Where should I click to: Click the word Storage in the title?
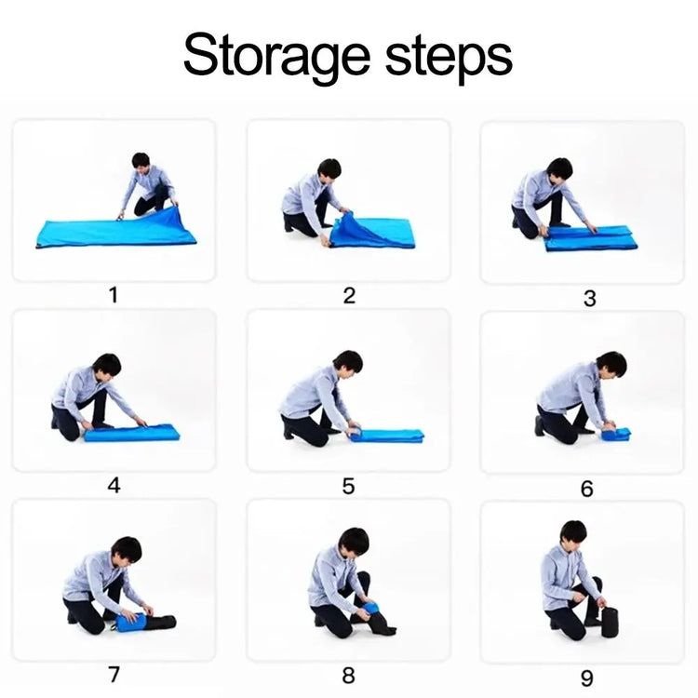[x=276, y=57]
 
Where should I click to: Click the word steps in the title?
[x=449, y=58]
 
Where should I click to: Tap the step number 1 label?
[x=114, y=295]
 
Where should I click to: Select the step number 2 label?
[x=349, y=296]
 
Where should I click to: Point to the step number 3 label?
[x=590, y=298]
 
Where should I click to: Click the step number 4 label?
[x=114, y=485]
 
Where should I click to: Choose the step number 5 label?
[x=349, y=486]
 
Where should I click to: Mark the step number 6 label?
[x=587, y=489]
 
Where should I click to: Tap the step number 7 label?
[x=114, y=675]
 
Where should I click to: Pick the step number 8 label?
[x=349, y=676]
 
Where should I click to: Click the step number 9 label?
[x=587, y=678]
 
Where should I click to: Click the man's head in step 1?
[x=141, y=163]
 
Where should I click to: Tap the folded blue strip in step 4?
[x=132, y=432]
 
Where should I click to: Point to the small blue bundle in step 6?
[x=616, y=434]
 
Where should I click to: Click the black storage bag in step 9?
[x=610, y=622]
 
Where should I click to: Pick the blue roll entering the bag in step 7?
[x=131, y=623]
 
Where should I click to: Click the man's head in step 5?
[x=348, y=363]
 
